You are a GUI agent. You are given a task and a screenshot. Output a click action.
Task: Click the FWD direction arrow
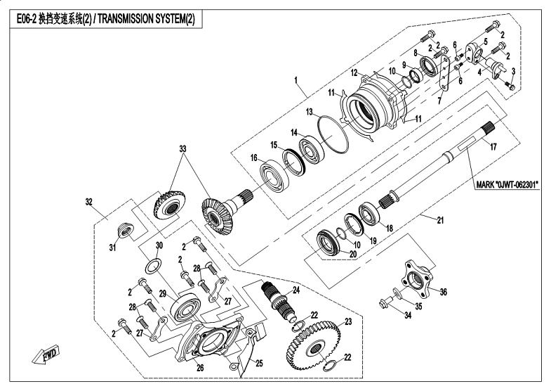[46, 354]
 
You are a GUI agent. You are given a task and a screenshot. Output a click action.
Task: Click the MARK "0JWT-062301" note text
[507, 184]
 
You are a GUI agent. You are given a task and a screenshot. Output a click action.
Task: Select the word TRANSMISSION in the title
[125, 19]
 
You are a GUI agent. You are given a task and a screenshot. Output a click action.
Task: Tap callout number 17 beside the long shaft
[493, 147]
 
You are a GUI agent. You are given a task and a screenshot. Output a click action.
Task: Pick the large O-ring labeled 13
[333, 134]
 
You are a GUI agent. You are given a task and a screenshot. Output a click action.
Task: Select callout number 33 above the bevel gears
[182, 149]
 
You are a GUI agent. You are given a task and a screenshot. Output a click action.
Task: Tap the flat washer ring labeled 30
[153, 266]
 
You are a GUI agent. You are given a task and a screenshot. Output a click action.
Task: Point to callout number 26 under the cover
[200, 368]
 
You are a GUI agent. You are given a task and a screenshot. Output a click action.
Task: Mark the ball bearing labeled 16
[274, 174]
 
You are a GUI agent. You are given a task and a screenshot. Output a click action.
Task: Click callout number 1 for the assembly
[296, 80]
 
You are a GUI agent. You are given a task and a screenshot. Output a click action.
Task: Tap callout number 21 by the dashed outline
[440, 220]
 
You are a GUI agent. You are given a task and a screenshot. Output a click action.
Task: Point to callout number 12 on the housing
[354, 73]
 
